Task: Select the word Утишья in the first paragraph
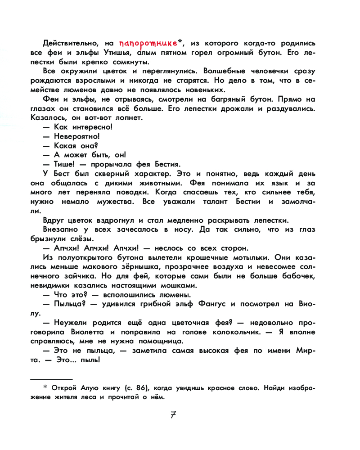pos(120,53)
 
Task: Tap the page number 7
pos(173,414)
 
